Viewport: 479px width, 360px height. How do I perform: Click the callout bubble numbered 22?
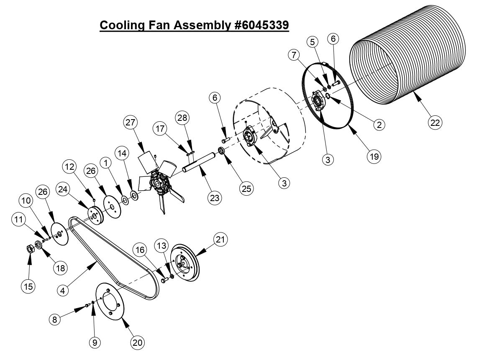(x=435, y=123)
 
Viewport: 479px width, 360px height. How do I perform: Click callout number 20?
(x=137, y=342)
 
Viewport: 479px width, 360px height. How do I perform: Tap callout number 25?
(x=246, y=189)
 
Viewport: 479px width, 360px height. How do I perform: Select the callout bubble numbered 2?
(x=378, y=124)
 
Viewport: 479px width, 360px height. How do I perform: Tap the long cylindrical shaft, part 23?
(x=198, y=163)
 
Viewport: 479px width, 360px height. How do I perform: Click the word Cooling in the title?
(x=123, y=25)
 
